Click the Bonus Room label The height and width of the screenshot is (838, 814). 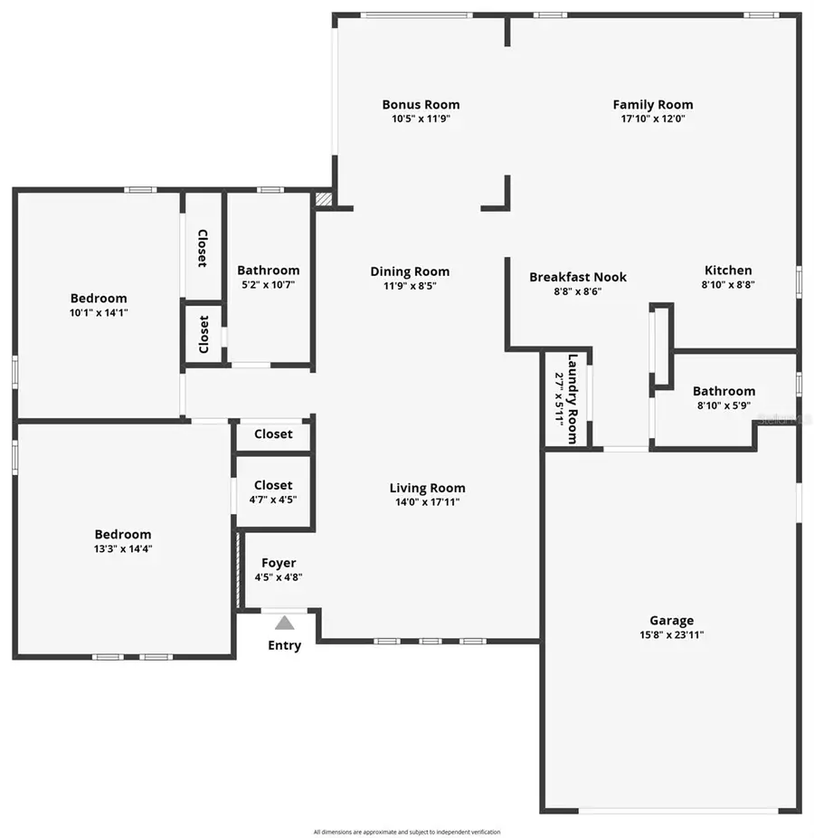[x=421, y=105]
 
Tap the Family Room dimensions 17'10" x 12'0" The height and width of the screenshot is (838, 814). [x=653, y=119]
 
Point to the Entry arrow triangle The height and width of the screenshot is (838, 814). [x=285, y=623]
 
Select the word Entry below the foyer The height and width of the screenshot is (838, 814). [x=285, y=645]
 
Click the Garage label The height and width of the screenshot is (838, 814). [x=672, y=621]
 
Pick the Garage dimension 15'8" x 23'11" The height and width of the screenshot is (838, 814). [x=672, y=634]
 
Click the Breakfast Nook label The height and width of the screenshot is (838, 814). [x=578, y=277]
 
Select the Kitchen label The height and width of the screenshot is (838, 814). [x=728, y=270]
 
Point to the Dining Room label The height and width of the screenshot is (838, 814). [x=410, y=271]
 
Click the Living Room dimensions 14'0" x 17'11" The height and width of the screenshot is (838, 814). [x=428, y=502]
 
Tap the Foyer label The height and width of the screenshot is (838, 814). [x=279, y=563]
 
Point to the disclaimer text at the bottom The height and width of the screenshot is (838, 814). [x=407, y=832]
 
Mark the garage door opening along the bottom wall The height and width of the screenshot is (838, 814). [x=669, y=810]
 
